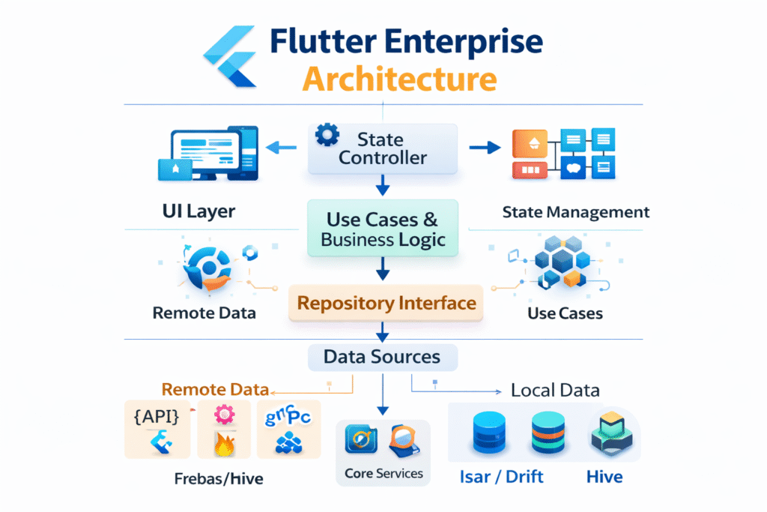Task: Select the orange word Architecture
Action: [x=399, y=79]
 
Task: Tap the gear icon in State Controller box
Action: [x=327, y=136]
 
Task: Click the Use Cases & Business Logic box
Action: [x=383, y=229]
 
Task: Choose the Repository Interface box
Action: [x=386, y=304]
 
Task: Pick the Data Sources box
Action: [x=382, y=356]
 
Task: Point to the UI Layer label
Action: [x=198, y=211]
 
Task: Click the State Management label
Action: [x=576, y=212]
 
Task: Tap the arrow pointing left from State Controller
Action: [x=282, y=147]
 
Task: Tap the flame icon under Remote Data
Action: [x=224, y=444]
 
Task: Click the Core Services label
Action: [x=383, y=474]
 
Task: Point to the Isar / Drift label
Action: [x=501, y=477]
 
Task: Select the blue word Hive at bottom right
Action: [x=604, y=477]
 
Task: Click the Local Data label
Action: [x=554, y=391]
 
